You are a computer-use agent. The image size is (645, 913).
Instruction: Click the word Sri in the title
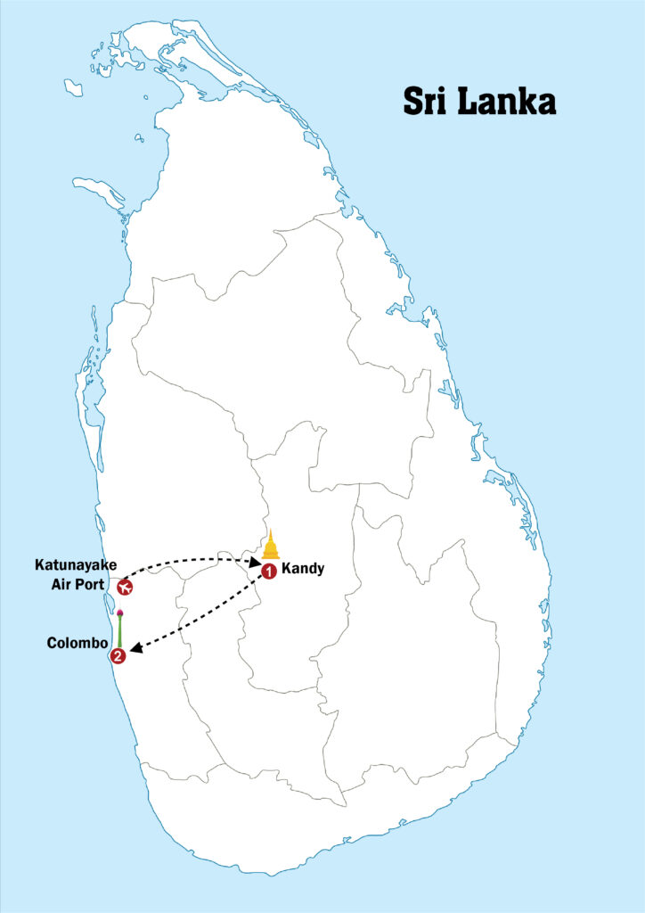[427, 100]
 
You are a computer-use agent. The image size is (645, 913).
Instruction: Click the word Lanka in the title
[507, 100]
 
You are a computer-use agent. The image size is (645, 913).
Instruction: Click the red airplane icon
[125, 588]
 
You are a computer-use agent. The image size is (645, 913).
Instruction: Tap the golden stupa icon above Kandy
[271, 546]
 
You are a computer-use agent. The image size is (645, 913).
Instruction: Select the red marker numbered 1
[268, 570]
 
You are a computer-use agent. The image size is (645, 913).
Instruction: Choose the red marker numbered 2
[118, 657]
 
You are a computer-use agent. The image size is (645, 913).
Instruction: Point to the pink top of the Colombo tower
[119, 613]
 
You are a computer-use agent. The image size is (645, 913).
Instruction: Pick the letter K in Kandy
[285, 567]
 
